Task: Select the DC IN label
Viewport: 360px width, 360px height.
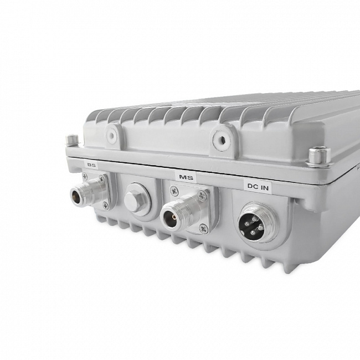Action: pyautogui.click(x=258, y=187)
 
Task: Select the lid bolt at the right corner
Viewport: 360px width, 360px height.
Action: pyautogui.click(x=319, y=157)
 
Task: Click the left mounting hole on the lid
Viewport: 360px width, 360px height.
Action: pyautogui.click(x=112, y=135)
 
